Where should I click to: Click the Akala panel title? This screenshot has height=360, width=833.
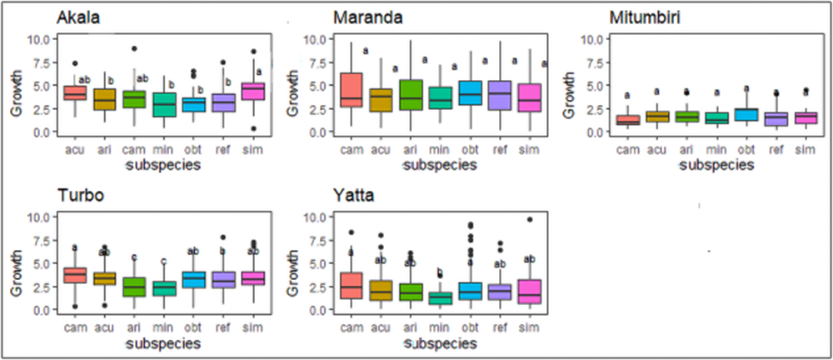click(81, 17)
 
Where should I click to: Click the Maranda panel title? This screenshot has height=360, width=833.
click(367, 17)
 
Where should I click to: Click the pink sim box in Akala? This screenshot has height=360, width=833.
click(252, 91)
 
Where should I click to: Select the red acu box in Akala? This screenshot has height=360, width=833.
click(75, 92)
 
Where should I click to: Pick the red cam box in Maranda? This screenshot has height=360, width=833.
click(351, 90)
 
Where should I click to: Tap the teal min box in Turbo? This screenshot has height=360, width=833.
click(163, 288)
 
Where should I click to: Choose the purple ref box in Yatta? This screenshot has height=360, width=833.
click(499, 291)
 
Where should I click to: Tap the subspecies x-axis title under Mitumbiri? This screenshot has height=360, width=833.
click(716, 165)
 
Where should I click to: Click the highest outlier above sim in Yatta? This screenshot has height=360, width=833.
click(529, 220)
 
